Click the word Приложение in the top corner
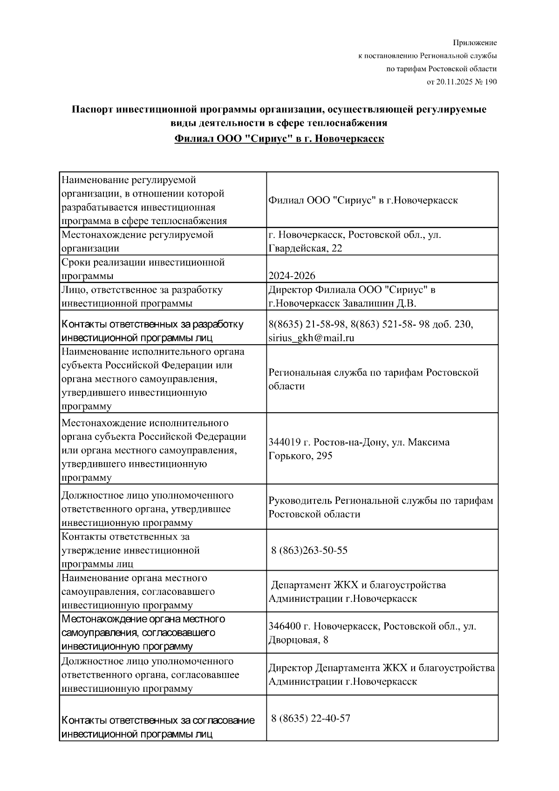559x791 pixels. tap(475, 43)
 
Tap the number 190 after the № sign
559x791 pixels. tap(491, 82)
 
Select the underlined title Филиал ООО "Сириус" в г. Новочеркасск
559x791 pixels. tap(279, 139)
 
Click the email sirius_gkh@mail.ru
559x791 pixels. tap(311, 338)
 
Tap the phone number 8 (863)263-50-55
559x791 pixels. tap(309, 551)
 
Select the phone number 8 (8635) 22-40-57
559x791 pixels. tap(311, 718)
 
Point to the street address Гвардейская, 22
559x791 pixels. tap(305, 248)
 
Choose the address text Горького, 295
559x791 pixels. tap(300, 456)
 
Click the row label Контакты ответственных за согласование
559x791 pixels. tap(158, 720)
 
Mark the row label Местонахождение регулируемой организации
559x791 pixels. tap(137, 241)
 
